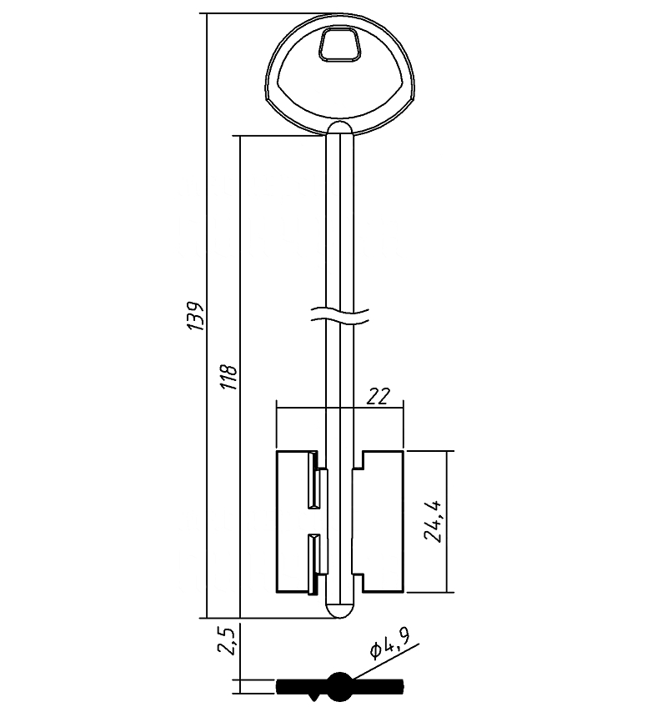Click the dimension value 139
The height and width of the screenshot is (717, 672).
(x=196, y=315)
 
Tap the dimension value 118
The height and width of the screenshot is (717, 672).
(x=229, y=376)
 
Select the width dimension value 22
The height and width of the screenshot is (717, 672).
(x=379, y=397)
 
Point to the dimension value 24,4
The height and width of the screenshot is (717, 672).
(x=433, y=521)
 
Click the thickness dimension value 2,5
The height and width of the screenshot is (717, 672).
(x=228, y=640)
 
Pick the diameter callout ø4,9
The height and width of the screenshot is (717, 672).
(x=389, y=643)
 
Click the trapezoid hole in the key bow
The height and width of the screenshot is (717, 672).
(x=339, y=44)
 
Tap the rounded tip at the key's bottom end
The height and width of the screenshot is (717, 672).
(x=340, y=610)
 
